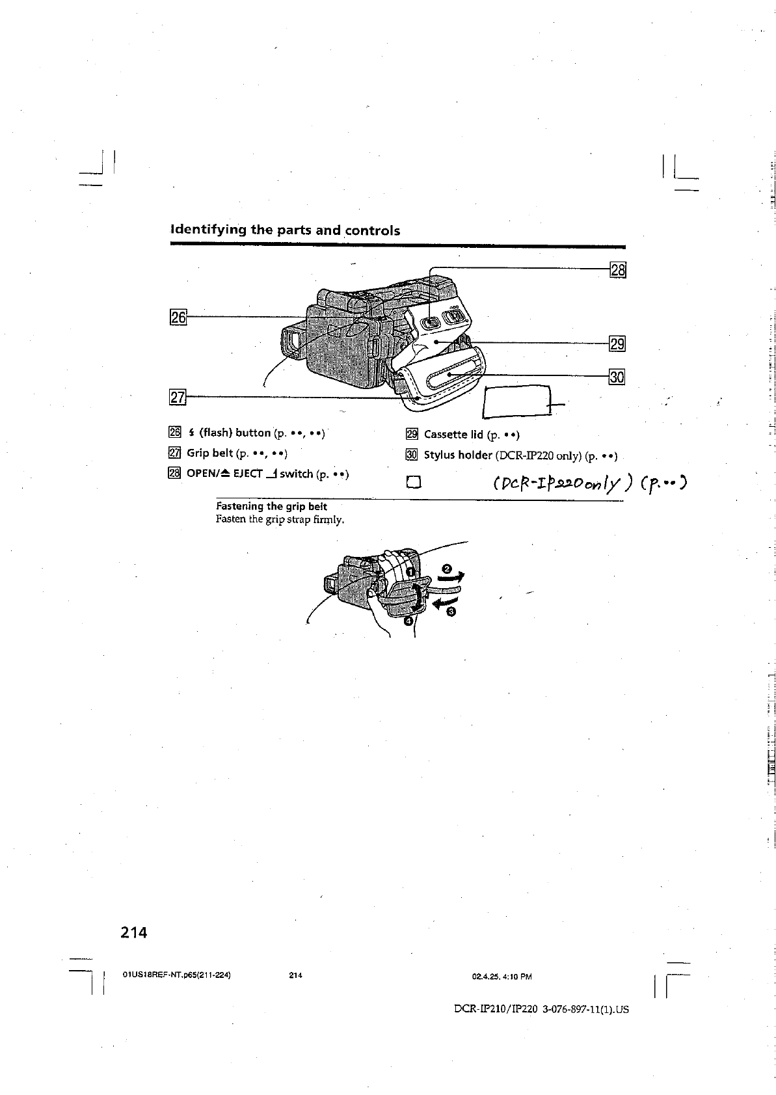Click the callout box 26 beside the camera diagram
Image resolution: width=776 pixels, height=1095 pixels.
[x=178, y=318]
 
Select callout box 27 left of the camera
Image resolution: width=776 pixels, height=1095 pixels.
[x=178, y=396]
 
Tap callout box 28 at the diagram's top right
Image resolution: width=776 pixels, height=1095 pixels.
[x=617, y=269]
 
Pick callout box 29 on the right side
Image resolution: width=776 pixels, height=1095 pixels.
[x=617, y=344]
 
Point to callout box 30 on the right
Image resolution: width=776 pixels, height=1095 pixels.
[x=617, y=377]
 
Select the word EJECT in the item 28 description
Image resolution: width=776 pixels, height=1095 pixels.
[x=247, y=474]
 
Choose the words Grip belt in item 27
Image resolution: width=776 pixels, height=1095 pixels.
[x=209, y=453]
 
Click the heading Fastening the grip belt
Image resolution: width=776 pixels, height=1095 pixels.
[x=271, y=506]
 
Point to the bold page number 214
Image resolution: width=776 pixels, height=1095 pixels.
[x=134, y=932]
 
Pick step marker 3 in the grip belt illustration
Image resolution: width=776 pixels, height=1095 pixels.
[x=451, y=612]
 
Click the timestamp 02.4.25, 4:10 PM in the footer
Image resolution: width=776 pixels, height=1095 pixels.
[x=502, y=977]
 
